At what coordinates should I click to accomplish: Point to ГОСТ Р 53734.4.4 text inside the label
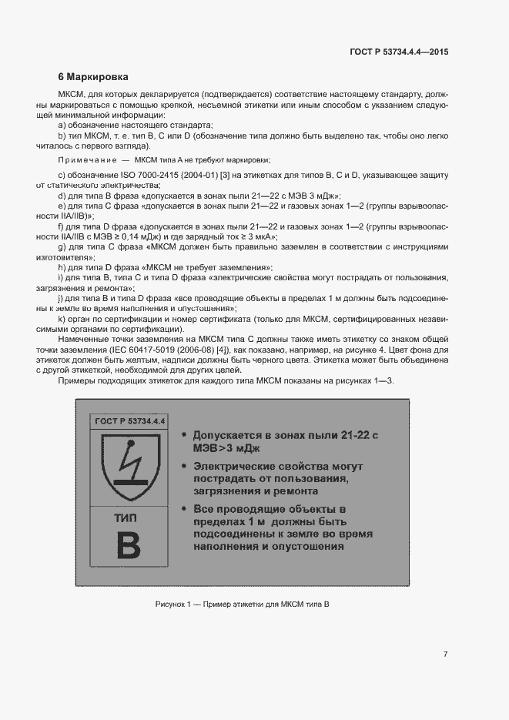(129, 420)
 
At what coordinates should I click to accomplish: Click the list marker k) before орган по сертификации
(61, 318)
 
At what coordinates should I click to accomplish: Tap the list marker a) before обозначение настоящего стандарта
(61, 125)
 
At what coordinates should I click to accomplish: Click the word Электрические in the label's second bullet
(236, 467)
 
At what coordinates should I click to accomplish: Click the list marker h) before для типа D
(61, 266)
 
